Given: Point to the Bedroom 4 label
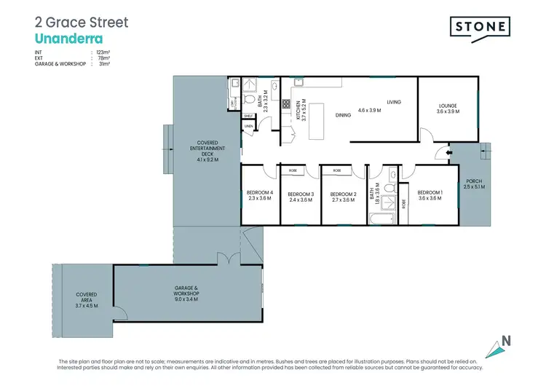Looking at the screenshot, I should coord(260,195).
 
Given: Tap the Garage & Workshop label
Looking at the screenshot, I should coord(188,294).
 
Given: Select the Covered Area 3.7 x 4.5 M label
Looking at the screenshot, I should coord(87,299).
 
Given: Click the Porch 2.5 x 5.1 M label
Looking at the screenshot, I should coord(473,184).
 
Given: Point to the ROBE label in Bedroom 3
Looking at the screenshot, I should coord(293,170).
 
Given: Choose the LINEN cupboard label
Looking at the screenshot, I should coord(248,127).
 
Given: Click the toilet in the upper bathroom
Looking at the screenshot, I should coord(250,99).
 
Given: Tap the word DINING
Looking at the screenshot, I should coord(343,114).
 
